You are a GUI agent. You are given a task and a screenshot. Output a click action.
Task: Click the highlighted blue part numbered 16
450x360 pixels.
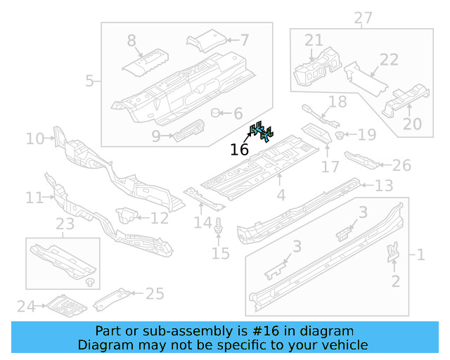(262, 131)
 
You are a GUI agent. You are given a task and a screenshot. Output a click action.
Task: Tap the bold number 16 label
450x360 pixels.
(240, 149)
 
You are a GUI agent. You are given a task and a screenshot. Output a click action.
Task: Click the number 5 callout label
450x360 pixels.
(89, 81)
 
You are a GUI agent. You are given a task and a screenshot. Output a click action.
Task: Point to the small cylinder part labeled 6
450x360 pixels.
(218, 112)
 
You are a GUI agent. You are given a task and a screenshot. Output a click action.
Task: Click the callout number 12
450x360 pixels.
(160, 218)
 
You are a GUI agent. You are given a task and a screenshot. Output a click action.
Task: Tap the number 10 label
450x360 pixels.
(34, 139)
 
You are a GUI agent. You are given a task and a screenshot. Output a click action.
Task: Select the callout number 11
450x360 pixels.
(34, 198)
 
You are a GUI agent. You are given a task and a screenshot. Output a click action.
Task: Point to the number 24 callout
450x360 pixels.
(26, 306)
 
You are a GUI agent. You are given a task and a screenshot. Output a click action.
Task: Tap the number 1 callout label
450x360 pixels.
(420, 255)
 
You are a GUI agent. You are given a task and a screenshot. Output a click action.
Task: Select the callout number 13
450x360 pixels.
(383, 186)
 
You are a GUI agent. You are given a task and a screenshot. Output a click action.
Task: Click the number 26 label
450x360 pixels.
(401, 165)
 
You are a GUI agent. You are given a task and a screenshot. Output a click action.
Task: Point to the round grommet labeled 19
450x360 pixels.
(339, 134)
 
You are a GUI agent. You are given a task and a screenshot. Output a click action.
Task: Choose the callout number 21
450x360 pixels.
(314, 40)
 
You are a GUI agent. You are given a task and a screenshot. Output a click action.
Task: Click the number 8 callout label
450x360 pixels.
(131, 41)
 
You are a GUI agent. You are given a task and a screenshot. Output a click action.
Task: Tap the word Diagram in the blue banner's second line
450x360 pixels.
(104, 345)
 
